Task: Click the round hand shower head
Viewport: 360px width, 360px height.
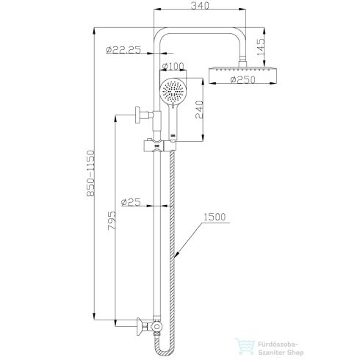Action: coord(171,93)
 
